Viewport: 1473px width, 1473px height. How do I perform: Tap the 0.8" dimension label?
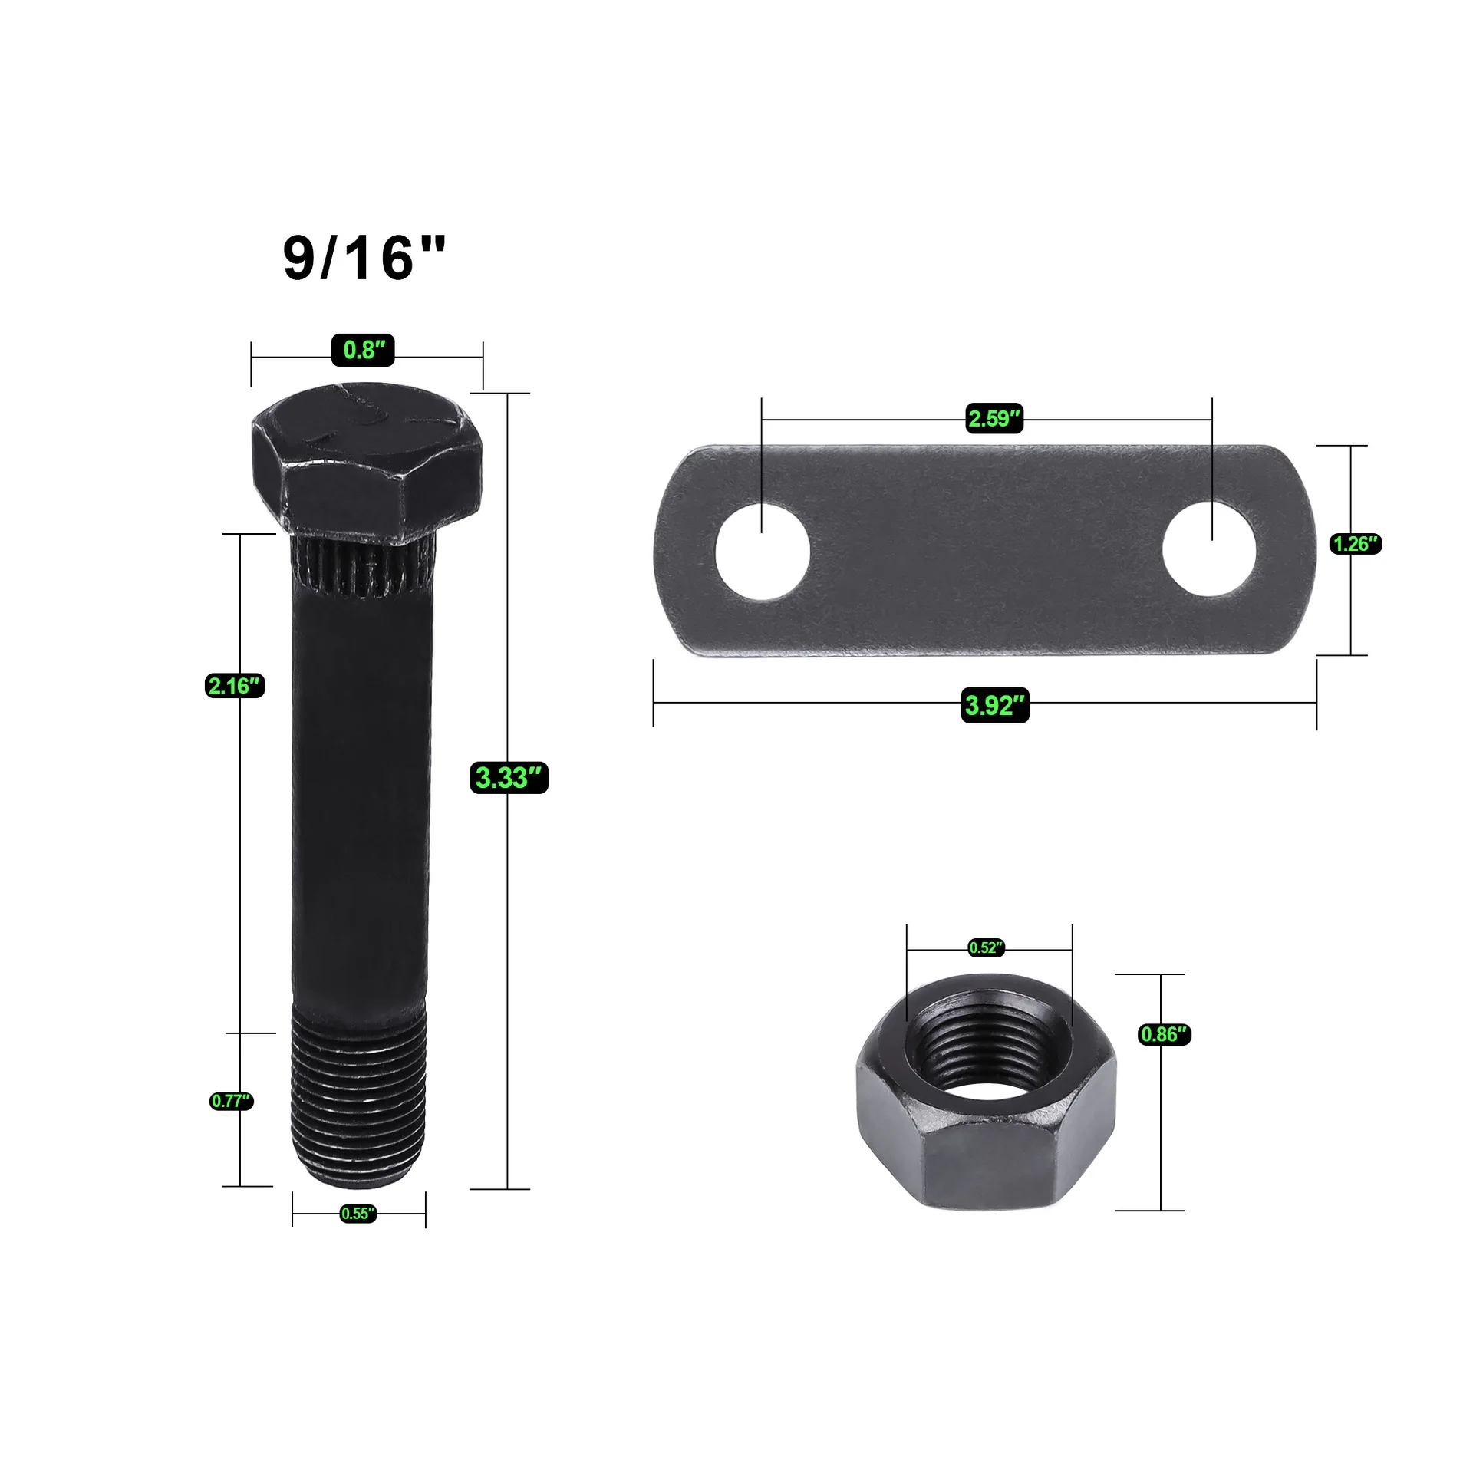pos(364,350)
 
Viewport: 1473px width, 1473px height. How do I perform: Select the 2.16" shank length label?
pos(236,685)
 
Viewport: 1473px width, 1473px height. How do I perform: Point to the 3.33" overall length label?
pos(509,778)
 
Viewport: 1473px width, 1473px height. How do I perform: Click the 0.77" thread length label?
pos(231,1101)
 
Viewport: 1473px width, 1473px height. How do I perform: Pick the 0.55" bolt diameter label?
pos(358,1213)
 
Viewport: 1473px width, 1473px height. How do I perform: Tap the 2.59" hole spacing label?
pos(994,418)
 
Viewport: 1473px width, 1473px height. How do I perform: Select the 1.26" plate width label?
pos(1356,544)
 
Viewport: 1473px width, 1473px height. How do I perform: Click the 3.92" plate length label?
pos(995,705)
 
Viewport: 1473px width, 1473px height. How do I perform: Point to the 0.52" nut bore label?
pos(987,948)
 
